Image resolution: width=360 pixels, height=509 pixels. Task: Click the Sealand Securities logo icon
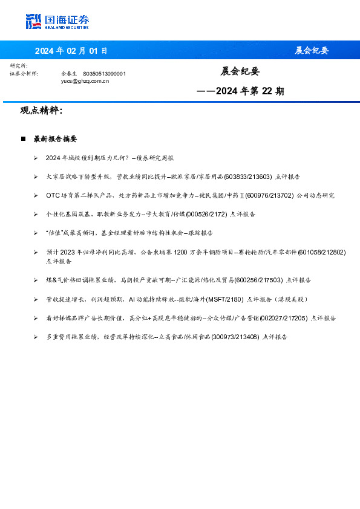(33, 21)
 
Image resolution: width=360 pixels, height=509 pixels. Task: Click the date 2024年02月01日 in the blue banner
(71, 50)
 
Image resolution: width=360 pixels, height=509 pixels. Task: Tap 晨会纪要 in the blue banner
(312, 50)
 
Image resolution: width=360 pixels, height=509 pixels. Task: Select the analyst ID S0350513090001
(104, 73)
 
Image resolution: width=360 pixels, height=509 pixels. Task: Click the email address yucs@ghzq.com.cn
(85, 80)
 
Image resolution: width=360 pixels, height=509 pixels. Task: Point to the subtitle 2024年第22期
(241, 92)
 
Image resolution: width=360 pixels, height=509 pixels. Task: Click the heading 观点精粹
(41, 111)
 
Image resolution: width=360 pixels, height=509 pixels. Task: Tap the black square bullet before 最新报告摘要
(23, 139)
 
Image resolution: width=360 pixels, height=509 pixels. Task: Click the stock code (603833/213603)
(247, 177)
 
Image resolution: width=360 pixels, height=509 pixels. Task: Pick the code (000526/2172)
(206, 214)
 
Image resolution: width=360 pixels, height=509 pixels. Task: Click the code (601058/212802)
(322, 251)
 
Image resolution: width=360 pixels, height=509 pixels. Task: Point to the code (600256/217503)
(258, 280)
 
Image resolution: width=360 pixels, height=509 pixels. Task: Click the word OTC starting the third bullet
(52, 195)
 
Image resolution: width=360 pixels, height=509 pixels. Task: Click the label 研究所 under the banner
(19, 65)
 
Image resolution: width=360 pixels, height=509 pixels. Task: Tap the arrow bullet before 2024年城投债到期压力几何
(36, 158)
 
